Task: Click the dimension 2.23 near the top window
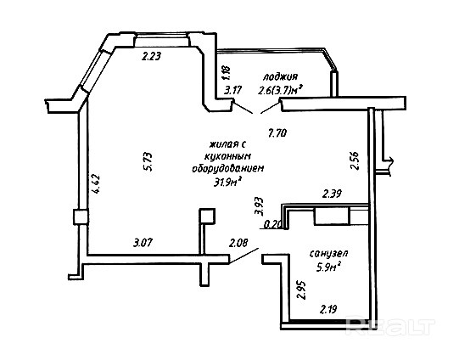pos(151,56)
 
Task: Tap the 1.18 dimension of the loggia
pos(227,72)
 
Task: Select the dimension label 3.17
pos(233,90)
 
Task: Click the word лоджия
pos(280,77)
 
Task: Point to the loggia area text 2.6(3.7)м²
pos(280,91)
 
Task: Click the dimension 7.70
pos(277,133)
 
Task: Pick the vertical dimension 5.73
pos(148,161)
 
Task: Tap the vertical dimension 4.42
pos(96,183)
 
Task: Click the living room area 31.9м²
pos(227,182)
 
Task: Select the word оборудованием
pos(228,168)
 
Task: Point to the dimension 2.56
pos(354,160)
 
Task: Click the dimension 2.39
pos(332,194)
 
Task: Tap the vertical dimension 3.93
pos(259,206)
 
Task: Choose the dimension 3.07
pos(143,243)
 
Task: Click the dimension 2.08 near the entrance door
pos(238,243)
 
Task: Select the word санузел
pos(328,253)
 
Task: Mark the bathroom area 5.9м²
pos(329,267)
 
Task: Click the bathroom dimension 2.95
pos(301,290)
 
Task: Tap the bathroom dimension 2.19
pos(328,309)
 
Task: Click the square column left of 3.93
pos(207,217)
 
